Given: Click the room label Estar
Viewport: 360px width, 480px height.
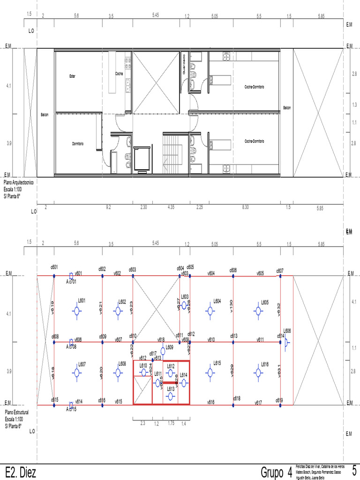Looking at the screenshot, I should coord(72,76).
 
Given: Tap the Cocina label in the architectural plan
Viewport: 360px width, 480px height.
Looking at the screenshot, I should coord(119,74).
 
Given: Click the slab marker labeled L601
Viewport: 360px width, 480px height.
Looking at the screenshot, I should coord(77,310).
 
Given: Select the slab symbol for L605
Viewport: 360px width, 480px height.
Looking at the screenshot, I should coord(257,310).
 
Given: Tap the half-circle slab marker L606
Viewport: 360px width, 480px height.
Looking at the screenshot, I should coord(285,342).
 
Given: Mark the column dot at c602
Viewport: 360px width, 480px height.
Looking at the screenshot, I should coord(102,276).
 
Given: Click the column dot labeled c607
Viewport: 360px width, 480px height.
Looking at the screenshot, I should coord(280,276).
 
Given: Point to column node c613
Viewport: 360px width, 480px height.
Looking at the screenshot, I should coord(233,342).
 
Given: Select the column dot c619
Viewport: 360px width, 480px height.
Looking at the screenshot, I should coord(280,405).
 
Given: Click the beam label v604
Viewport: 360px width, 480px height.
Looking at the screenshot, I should coord(211,273).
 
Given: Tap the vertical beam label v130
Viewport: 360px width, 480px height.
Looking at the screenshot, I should coord(231,306).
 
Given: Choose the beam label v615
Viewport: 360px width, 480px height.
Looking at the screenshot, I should coord(119,402).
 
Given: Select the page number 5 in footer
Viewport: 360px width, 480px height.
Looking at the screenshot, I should coord(354,470).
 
